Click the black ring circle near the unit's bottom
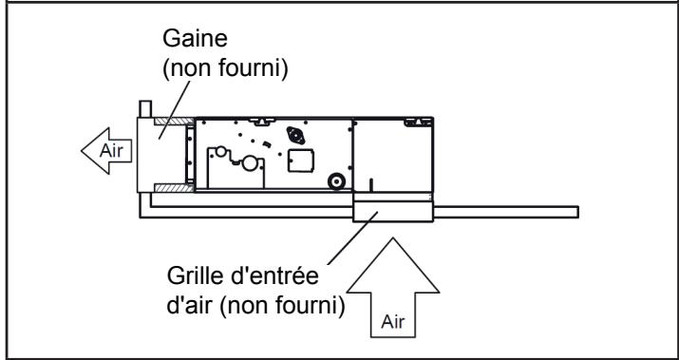click(x=334, y=181)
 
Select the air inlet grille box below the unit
click(x=393, y=212)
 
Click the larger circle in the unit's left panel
click(x=251, y=163)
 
